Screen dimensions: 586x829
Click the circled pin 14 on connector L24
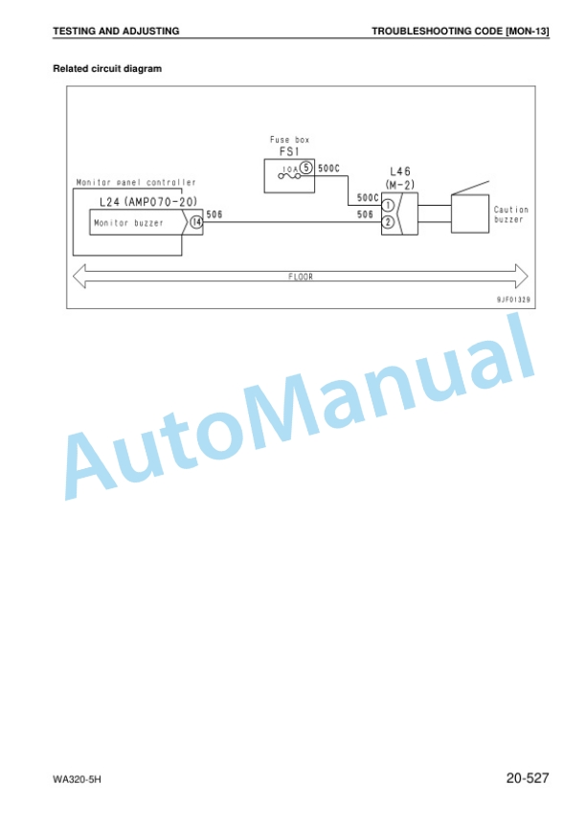point(196,222)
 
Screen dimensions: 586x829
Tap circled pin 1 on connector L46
point(388,205)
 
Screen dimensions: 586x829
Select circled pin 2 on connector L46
point(388,222)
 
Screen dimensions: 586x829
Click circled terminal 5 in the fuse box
point(306,168)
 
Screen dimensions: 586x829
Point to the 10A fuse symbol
point(289,173)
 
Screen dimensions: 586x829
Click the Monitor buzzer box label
point(128,223)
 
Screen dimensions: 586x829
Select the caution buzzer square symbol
point(470,213)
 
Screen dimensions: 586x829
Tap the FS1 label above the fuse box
point(289,152)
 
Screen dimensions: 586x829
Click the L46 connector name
point(400,171)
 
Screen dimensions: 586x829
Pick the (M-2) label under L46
point(400,185)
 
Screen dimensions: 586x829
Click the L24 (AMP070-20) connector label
point(148,201)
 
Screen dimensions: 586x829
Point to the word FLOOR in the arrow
point(301,277)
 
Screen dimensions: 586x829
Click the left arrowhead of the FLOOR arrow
point(79,276)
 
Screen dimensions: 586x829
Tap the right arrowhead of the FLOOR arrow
point(522,276)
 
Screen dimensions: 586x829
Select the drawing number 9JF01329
point(513,300)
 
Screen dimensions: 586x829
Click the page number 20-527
point(528,777)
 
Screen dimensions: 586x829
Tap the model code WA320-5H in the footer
point(78,779)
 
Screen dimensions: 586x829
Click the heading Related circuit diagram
point(107,69)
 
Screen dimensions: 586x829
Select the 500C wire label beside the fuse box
point(329,168)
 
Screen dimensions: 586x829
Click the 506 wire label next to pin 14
point(214,214)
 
